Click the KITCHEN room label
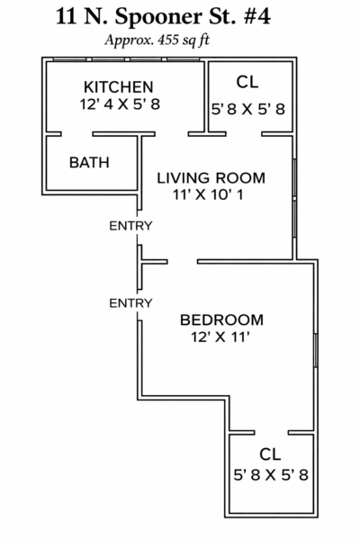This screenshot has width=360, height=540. pos(119,87)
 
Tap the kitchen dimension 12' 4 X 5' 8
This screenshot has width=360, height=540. pos(120,104)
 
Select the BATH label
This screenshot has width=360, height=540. pos(89,163)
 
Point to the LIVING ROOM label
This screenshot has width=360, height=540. pos(211,178)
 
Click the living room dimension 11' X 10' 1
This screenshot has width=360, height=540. pos(208,195)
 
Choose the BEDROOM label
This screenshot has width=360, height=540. pos(222,319)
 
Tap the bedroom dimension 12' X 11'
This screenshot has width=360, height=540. pos(220,337)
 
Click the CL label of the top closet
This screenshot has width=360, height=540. pos(247,82)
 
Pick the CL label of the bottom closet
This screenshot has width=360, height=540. pos(270,454)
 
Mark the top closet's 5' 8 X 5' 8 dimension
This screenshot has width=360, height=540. pos(248,110)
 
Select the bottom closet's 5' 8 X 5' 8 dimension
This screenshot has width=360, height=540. pos(271,475)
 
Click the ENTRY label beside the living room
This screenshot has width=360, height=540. pos(130,226)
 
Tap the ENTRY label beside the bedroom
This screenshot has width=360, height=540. pos(130,303)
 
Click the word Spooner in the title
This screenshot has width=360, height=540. pos(158,17)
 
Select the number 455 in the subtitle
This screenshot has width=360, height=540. pos(168,40)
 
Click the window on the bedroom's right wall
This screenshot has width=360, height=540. pos(315,350)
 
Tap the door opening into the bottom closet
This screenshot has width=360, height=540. pos(272,433)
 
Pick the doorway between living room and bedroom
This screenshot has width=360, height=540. pos(182,262)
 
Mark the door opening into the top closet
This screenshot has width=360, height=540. pos(244,134)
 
